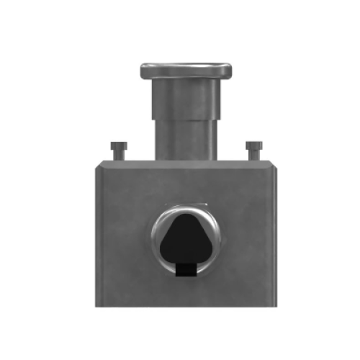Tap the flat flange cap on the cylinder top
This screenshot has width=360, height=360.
(x=186, y=71)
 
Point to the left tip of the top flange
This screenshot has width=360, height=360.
(x=142, y=72)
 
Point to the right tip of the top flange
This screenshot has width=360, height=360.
(x=231, y=71)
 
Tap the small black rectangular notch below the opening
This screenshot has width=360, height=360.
(x=186, y=269)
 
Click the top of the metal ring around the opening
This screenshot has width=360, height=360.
(x=186, y=207)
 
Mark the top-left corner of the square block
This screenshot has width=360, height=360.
(x=96, y=164)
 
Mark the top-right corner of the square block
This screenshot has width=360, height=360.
(x=277, y=164)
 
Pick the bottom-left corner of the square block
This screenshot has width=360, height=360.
(x=96, y=306)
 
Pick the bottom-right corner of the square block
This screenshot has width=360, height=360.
(x=277, y=306)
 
